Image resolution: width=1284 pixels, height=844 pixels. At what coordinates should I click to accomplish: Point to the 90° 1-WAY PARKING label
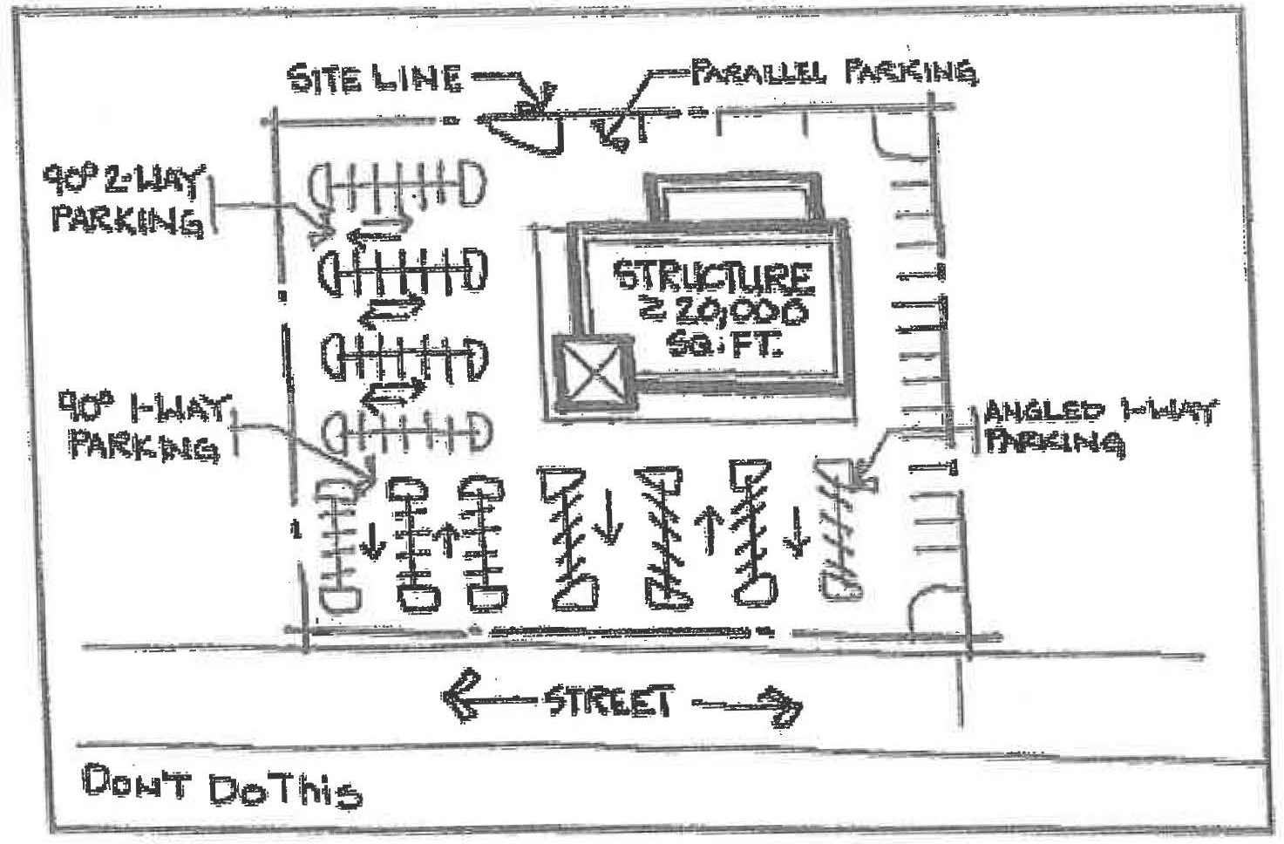142,426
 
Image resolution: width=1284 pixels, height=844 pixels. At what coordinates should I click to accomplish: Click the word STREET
609,701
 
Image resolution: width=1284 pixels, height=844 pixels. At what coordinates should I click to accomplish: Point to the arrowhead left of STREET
460,695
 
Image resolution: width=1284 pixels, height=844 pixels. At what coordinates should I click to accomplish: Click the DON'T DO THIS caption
221,787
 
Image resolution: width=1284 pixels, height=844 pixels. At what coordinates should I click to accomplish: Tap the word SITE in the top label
322,78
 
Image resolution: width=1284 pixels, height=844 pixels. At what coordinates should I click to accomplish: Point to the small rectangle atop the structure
733,195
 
